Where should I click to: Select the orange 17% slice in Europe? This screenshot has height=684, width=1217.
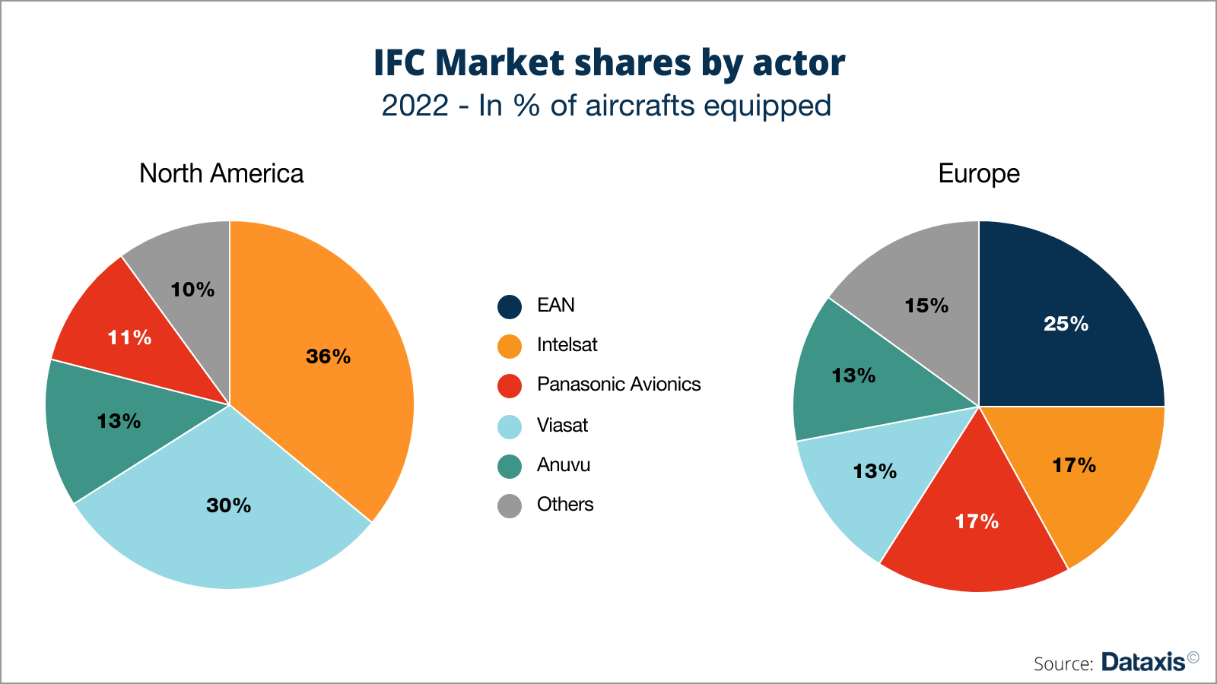1088,471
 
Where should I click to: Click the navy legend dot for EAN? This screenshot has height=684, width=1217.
510,306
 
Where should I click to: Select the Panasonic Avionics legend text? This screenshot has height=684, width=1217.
618,385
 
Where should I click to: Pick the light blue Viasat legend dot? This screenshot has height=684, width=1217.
510,426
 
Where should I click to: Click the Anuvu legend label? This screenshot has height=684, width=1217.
563,465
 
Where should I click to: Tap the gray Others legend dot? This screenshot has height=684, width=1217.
510,505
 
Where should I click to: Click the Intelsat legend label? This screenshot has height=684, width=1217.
567,345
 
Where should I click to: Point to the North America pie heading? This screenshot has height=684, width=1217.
221,174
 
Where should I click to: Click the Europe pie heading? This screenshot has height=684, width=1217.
978,174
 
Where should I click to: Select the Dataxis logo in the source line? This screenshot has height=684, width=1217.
1142,662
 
